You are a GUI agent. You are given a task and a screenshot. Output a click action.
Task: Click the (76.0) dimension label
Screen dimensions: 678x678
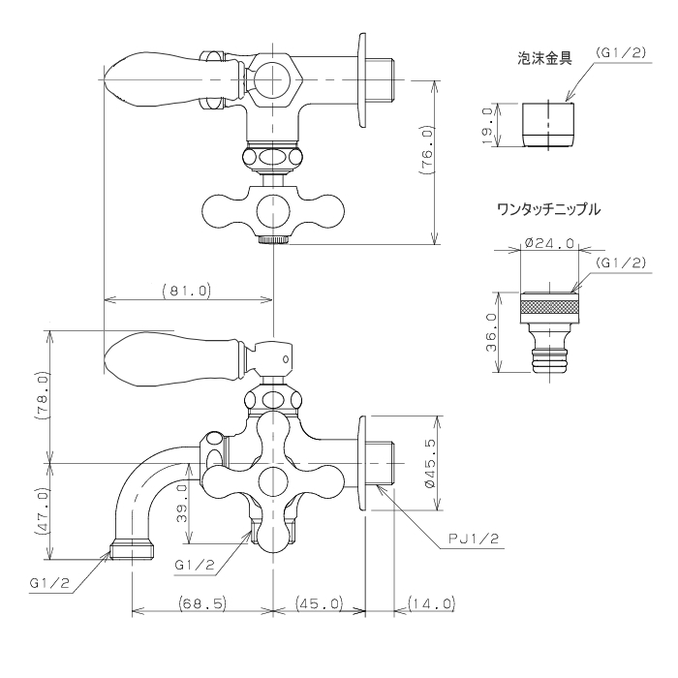click(427, 150)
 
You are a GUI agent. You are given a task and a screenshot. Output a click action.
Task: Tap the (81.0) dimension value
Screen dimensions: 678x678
click(187, 291)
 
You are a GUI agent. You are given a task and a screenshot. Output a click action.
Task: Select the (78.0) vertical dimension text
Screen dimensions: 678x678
click(42, 395)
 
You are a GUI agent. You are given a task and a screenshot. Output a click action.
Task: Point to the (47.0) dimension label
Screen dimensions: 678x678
click(42, 511)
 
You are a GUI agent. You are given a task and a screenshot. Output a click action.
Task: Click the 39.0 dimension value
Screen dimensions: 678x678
click(182, 504)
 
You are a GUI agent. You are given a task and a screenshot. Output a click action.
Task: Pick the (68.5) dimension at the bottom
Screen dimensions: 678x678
click(202, 602)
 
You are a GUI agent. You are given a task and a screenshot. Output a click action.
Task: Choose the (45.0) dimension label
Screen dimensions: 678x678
click(320, 602)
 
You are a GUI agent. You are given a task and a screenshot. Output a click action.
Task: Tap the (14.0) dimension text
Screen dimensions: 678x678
click(432, 602)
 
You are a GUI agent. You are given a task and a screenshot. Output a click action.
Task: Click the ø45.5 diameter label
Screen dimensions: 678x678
click(430, 463)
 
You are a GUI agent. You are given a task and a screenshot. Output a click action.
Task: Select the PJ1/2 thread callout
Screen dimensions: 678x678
click(474, 539)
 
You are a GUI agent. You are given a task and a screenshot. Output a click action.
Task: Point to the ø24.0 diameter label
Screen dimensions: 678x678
click(549, 243)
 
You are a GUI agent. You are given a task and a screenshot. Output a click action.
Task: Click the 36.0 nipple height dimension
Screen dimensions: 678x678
click(492, 332)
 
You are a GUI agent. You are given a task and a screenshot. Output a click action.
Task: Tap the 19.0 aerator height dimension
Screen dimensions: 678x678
click(487, 126)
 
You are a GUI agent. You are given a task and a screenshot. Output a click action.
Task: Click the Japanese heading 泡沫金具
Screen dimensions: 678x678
click(544, 58)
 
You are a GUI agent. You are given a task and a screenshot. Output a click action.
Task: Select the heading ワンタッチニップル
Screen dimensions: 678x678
click(549, 210)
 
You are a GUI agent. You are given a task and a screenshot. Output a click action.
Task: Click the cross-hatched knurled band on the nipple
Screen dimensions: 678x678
click(549, 307)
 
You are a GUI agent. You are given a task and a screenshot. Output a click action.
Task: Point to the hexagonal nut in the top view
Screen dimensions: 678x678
click(273, 80)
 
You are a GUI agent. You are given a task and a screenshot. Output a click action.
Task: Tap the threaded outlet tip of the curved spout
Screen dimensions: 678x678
click(132, 549)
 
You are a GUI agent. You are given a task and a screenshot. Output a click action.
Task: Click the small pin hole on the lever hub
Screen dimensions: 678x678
click(286, 359)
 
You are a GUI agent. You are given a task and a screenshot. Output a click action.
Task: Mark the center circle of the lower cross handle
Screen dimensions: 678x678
click(273, 481)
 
